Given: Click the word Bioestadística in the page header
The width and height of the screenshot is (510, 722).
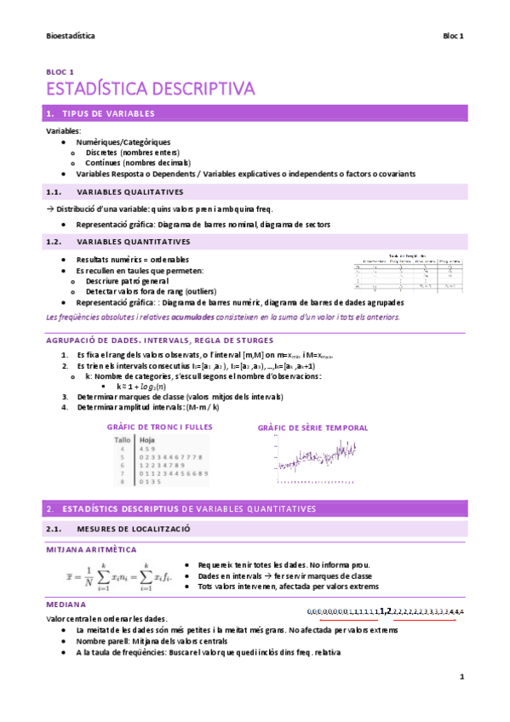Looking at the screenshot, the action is coord(70,37).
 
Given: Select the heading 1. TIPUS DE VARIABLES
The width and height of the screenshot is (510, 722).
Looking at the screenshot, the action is coord(108,113).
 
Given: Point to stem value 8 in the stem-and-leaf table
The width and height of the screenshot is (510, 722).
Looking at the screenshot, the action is coord(123,483).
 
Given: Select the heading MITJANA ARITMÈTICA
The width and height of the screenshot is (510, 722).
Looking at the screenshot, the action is coord(89,550).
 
